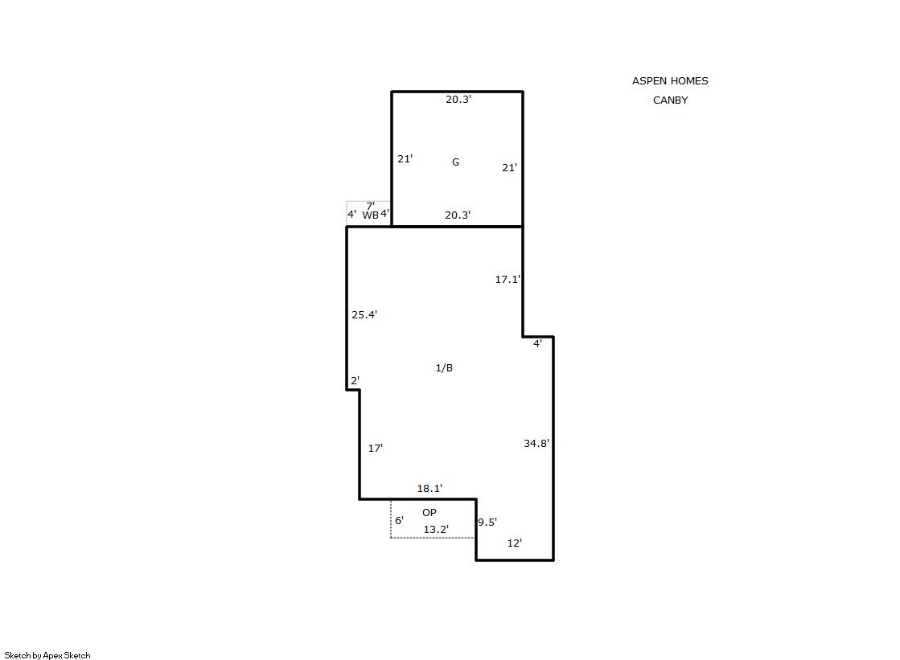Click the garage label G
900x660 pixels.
[455, 162]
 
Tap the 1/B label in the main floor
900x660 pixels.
[444, 368]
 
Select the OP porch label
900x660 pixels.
[429, 513]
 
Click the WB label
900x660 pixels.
[370, 215]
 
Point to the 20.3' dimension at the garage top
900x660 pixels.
[458, 100]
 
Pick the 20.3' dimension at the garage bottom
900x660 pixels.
[458, 215]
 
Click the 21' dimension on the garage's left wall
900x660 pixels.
[405, 158]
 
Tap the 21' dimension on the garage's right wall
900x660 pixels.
[509, 167]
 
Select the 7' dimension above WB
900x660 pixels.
[370, 206]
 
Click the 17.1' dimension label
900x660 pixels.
[508, 279]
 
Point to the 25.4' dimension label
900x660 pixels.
[364, 314]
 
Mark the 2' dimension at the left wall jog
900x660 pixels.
[355, 380]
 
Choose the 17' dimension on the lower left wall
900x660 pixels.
[376, 448]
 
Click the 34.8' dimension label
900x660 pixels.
[536, 443]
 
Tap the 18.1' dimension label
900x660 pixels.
[429, 489]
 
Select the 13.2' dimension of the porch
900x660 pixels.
[436, 529]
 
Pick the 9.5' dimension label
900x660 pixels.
[487, 522]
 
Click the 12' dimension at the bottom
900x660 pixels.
[514, 543]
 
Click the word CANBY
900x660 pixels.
[671, 100]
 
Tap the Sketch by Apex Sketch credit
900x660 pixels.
[47, 655]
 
